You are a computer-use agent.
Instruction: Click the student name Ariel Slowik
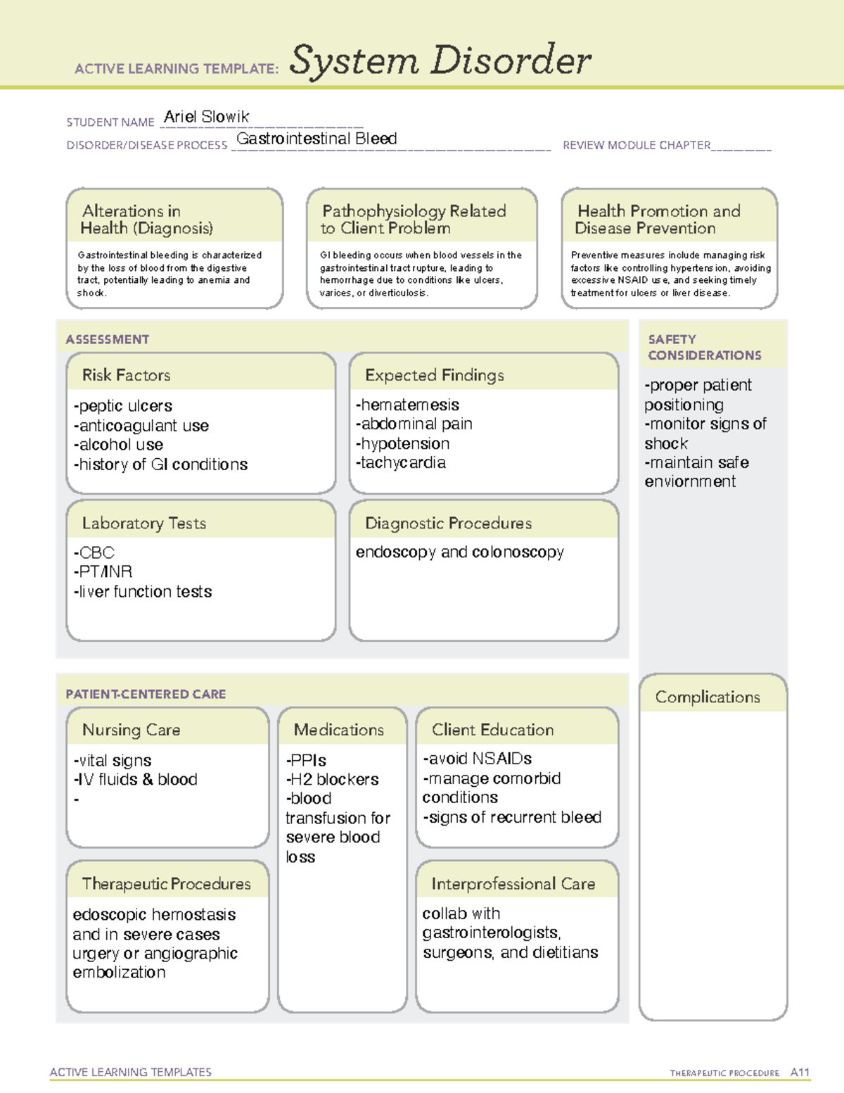coord(206,117)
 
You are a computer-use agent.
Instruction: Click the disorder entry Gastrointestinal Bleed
coord(316,139)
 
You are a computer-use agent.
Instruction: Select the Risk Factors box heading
coord(127,375)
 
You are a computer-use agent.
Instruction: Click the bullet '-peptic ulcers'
coord(123,406)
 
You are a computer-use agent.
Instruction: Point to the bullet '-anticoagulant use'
coord(141,426)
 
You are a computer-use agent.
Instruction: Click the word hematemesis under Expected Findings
coord(410,405)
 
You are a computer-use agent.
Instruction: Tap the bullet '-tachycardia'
coord(401,462)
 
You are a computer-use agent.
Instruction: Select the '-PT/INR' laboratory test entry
coord(103,571)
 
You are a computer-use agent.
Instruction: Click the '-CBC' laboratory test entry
coord(94,552)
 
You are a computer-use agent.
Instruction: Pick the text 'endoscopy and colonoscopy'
coord(460,552)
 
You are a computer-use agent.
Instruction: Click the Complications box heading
coord(708,697)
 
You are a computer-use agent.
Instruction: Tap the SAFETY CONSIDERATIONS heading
coord(704,347)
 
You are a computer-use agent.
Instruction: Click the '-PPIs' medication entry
coord(306,760)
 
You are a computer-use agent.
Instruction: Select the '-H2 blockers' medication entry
coord(332,779)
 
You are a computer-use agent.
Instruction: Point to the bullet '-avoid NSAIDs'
coord(477,759)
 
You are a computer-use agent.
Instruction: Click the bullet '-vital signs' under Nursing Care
coord(113,761)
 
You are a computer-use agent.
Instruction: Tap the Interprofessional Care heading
coord(513,884)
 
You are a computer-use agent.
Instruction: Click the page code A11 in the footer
coord(800,1072)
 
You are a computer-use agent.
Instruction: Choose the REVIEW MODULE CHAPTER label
coord(637,145)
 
